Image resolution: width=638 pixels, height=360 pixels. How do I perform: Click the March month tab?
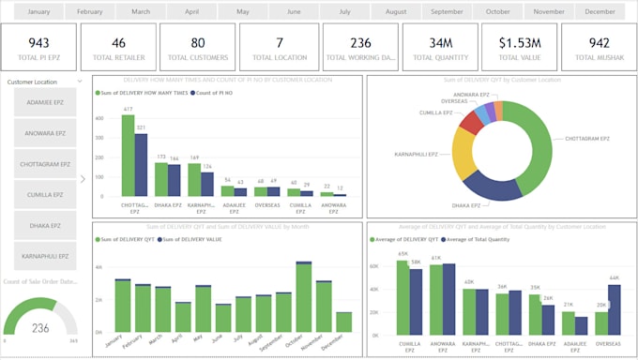coord(141,12)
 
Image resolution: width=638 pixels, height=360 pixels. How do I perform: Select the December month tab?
coord(600,12)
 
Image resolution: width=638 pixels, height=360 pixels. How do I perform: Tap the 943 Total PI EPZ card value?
coord(38,43)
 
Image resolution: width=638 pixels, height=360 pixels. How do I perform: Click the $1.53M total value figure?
coord(519,43)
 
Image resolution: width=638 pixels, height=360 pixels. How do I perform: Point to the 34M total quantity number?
coord(441,43)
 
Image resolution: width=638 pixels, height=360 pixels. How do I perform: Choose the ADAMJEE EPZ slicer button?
coord(45,104)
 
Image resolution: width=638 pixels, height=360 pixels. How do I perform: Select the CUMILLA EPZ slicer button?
coord(45,195)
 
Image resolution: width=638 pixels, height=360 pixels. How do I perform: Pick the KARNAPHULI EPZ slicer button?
coord(45,256)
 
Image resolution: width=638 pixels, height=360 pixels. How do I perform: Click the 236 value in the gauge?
coord(40,328)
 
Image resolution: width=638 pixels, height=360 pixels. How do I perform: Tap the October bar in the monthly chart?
coord(303,298)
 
